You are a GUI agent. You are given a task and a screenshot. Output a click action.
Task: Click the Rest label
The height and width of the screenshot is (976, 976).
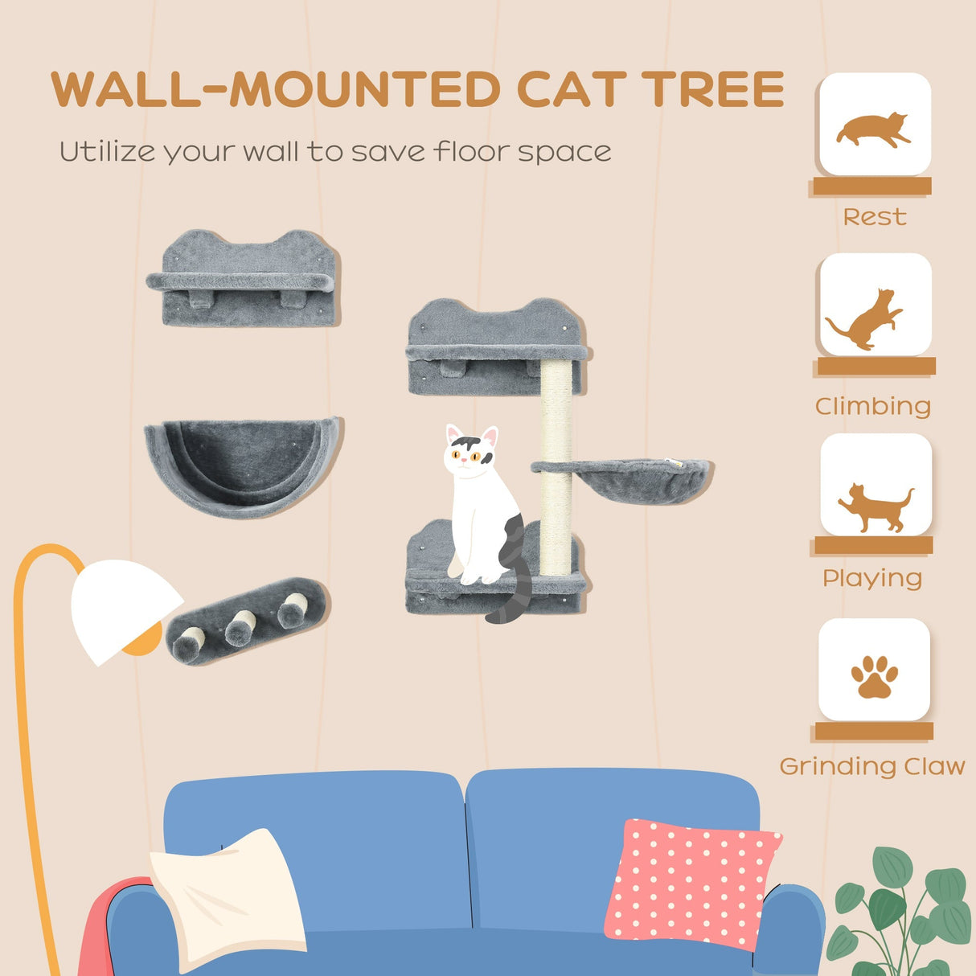click(x=875, y=217)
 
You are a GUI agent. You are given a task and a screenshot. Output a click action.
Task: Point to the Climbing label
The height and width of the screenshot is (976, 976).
click(x=873, y=406)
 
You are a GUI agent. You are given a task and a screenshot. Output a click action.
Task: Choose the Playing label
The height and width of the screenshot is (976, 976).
click(x=872, y=578)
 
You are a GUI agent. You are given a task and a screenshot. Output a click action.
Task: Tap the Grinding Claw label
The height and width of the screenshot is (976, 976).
click(x=872, y=766)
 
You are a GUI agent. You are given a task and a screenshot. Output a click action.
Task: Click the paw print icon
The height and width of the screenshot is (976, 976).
click(x=874, y=676)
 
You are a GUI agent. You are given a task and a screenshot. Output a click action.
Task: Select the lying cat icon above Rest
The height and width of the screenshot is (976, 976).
click(x=874, y=130)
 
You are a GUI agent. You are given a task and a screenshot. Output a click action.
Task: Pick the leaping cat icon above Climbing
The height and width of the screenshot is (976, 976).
click(x=867, y=319)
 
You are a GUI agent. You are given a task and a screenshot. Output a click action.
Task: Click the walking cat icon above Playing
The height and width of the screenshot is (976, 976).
click(x=875, y=506)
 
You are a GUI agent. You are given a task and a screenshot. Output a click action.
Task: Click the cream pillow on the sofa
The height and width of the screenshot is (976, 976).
click(x=229, y=896)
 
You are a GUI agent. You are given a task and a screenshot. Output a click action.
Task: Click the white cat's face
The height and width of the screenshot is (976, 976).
click(x=470, y=456)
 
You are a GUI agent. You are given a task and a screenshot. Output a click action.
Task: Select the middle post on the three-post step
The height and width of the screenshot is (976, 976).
click(x=240, y=627)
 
